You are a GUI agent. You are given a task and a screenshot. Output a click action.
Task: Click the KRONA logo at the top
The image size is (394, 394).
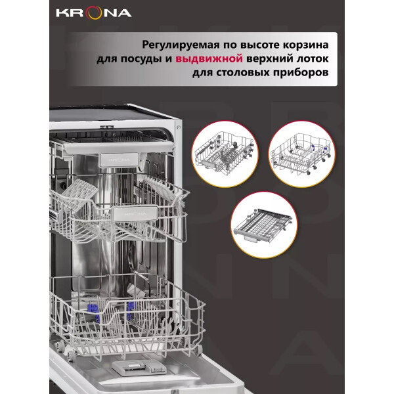[x=94, y=13]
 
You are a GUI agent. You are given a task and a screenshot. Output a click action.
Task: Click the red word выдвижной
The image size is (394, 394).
[x=209, y=59]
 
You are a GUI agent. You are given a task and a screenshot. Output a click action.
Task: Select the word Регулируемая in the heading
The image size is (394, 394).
[x=181, y=45]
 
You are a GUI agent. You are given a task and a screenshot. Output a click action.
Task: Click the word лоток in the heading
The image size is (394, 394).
[x=312, y=58]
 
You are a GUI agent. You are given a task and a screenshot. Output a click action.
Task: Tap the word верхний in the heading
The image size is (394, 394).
[x=269, y=59]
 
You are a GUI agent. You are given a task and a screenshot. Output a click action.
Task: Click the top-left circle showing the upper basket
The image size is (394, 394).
[x=225, y=154]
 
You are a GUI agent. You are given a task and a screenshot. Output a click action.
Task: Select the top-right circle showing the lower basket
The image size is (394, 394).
[x=302, y=154]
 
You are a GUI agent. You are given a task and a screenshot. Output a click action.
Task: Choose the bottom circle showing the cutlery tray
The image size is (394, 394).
[x=264, y=225]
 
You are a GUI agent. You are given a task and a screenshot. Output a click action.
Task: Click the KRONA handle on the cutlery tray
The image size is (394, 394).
[x=119, y=160]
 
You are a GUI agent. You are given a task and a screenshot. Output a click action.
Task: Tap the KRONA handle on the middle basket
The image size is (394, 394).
[x=135, y=213]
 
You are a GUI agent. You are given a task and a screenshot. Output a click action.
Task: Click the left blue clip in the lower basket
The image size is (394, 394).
[x=93, y=311]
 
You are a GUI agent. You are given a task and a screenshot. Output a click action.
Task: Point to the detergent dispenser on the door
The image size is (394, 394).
[x=139, y=368]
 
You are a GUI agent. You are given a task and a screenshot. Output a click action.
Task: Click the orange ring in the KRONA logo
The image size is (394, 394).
[x=93, y=13]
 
